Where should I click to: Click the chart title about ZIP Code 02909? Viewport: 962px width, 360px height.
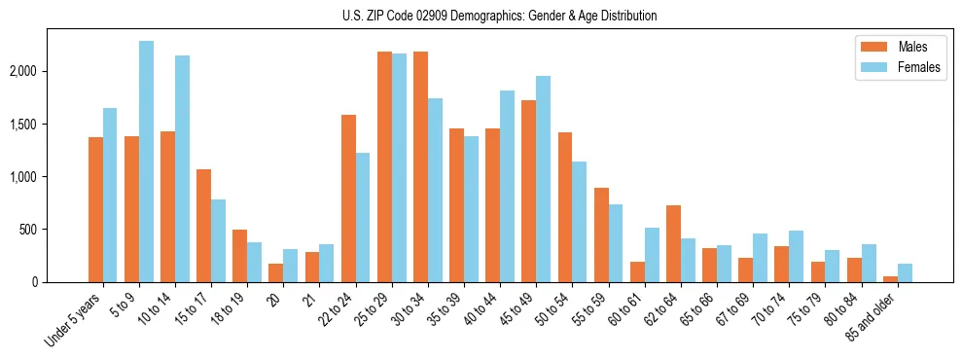click(x=499, y=16)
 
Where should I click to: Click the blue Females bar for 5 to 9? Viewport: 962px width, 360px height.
click(x=146, y=162)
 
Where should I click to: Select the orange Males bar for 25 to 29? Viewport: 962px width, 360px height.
click(x=384, y=166)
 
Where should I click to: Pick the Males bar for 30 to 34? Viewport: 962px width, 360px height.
click(x=420, y=166)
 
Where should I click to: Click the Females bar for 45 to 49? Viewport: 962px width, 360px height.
click(x=543, y=179)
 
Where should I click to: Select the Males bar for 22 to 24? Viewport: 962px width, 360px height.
click(x=348, y=198)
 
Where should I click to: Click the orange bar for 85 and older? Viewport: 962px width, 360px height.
click(x=890, y=279)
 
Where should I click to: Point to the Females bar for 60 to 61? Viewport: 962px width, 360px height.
click(x=652, y=255)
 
